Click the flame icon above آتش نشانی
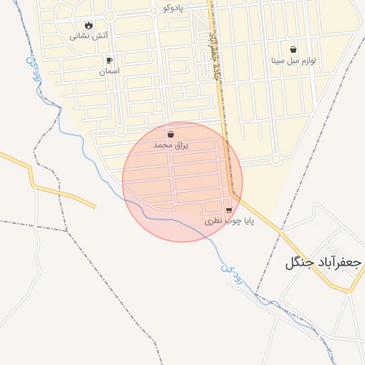point(88,25)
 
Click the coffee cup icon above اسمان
point(109,61)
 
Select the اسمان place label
point(109,71)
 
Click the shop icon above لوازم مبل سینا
point(294,50)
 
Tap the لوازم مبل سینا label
point(294,61)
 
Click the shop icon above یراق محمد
point(170,134)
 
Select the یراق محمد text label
point(170,145)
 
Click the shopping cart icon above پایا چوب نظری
point(228,210)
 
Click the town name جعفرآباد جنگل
point(324,262)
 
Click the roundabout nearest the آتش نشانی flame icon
point(110,16)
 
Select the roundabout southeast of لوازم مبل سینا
point(276,160)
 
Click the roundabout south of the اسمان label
point(120,130)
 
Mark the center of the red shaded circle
point(182,182)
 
